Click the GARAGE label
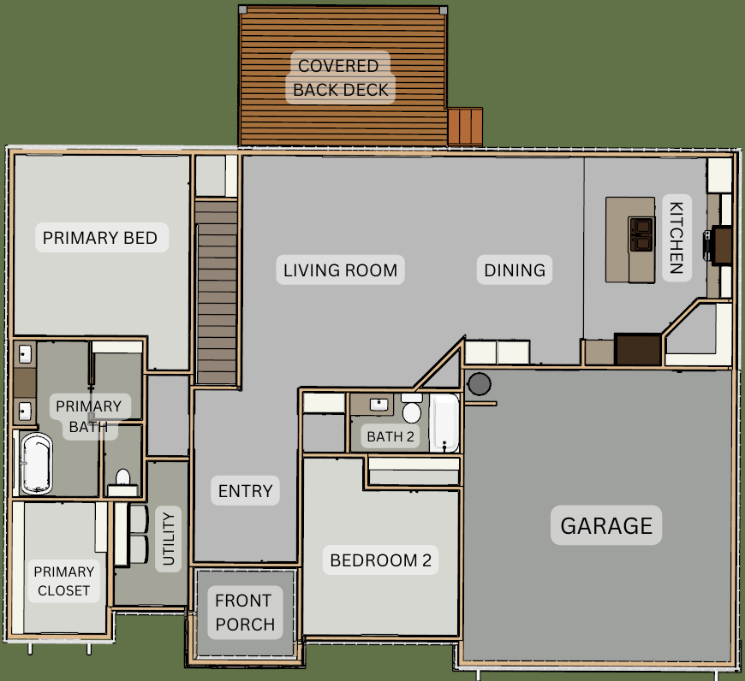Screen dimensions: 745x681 pos(606,525)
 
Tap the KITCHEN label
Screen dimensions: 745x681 pos(676,238)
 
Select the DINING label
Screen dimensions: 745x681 pos(515,270)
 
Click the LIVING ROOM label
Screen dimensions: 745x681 pos(340,270)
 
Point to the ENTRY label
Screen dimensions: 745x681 pos(245,490)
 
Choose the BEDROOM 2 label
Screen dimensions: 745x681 pos(380,560)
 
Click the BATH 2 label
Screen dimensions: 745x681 pos(390,436)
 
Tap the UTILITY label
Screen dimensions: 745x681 pos(169,539)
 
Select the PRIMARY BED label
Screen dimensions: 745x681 pos(100,237)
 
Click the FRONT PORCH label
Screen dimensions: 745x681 pos(245,613)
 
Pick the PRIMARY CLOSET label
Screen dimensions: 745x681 pos(63,581)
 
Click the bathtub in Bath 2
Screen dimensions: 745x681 pos(444,423)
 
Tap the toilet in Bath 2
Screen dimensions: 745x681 pos(411,409)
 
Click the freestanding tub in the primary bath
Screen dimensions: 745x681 pos(36,463)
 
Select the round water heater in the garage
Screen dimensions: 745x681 pos(479,384)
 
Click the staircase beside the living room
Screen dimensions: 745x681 pos(216,292)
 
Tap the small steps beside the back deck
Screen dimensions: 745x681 pos(465,127)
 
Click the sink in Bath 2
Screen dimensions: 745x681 pos(378,405)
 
